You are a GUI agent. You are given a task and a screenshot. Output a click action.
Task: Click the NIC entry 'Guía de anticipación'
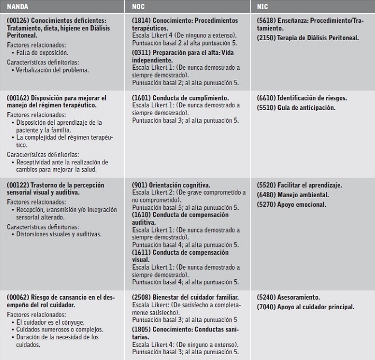pos(302,108)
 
